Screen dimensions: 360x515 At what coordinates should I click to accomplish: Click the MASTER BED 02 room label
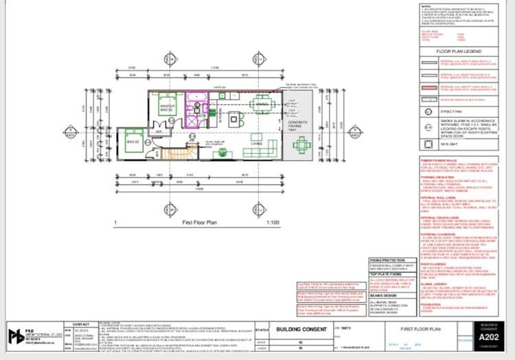coord(168,108)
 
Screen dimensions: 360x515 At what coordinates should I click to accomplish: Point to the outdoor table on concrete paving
coord(301,144)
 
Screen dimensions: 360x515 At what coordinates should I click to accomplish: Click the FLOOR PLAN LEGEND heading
coord(463,51)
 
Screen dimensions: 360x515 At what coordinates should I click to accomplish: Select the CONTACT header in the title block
coord(81,323)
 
